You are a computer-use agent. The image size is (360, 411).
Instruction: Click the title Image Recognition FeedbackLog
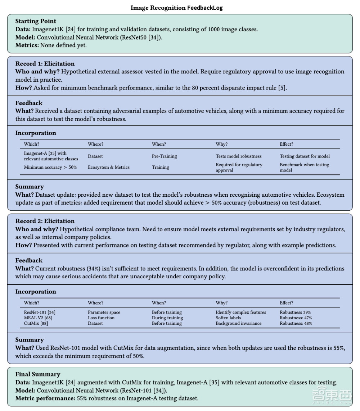pyautogui.click(x=176, y=8)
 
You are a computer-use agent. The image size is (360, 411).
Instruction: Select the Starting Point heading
pyautogui.click(x=36, y=21)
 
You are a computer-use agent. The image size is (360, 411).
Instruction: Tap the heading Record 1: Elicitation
pyautogui.click(x=45, y=64)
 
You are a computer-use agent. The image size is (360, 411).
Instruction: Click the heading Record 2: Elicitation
pyautogui.click(x=45, y=221)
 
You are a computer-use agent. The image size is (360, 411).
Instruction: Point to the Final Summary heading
pyautogui.click(x=37, y=374)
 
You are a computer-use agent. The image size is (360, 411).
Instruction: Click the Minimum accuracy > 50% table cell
pyautogui.click(x=50, y=167)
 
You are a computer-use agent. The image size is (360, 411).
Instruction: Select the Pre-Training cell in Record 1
pyautogui.click(x=164, y=156)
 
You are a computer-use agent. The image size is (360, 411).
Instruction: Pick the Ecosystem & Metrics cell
pyautogui.click(x=108, y=167)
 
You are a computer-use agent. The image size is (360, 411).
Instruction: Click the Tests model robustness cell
pyautogui.click(x=238, y=156)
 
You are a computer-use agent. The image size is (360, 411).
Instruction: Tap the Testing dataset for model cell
pyautogui.click(x=305, y=156)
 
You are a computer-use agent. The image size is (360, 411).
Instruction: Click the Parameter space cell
pyautogui.click(x=104, y=312)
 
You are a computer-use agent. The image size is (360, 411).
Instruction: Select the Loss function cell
pyautogui.click(x=101, y=318)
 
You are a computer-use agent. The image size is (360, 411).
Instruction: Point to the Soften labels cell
pyautogui.click(x=228, y=318)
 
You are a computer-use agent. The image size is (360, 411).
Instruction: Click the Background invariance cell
pyautogui.click(x=239, y=323)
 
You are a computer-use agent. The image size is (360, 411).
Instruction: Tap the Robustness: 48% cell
pyautogui.click(x=296, y=323)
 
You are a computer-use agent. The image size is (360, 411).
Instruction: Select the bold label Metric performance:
pyautogui.click(x=45, y=398)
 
